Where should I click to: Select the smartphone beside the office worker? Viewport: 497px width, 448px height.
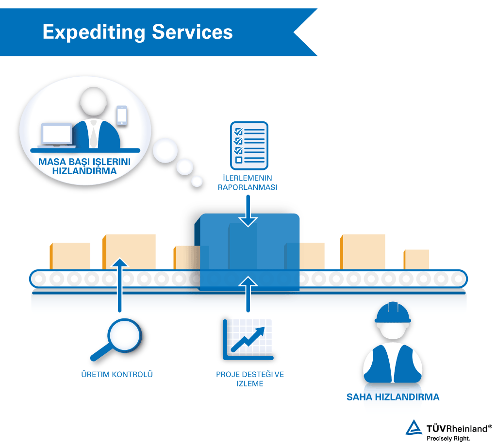[122, 115]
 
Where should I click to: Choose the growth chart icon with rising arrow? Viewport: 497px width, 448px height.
[248, 339]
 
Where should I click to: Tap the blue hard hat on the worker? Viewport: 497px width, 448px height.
[393, 313]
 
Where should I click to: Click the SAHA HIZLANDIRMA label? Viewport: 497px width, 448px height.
[393, 397]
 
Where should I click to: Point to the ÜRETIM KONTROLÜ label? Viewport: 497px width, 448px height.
[117, 374]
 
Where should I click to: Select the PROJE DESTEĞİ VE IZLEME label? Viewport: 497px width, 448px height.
[250, 379]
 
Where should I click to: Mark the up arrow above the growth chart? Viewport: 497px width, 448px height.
[248, 293]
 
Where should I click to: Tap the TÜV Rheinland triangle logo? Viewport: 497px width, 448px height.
[414, 427]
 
